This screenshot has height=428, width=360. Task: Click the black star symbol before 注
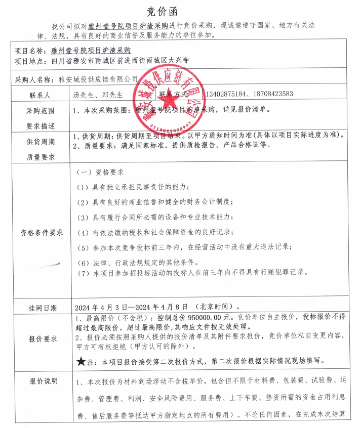click(x=81, y=362)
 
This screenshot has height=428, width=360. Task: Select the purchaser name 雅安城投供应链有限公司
click(x=98, y=79)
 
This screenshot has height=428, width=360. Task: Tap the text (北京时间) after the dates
click(x=213, y=307)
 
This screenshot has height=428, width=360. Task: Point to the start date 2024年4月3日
click(x=99, y=307)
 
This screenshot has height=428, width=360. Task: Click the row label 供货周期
click(x=41, y=142)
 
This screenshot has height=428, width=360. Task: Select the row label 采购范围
click(x=41, y=110)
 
